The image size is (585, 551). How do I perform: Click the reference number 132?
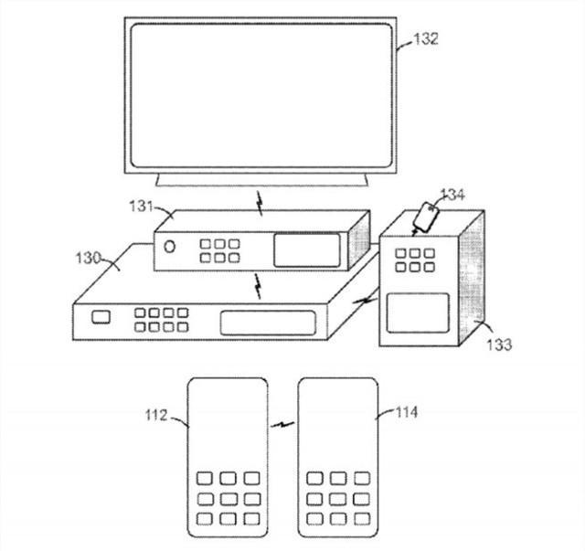425,38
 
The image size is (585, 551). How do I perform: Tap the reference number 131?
141,206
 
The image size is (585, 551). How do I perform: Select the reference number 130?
88,258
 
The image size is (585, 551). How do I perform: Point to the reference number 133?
499,344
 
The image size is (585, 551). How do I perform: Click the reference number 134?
452,195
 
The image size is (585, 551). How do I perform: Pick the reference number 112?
156,415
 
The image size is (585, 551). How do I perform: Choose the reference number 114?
407,412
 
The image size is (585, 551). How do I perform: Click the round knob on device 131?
169,246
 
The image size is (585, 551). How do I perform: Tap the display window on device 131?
307,250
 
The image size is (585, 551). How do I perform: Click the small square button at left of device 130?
101,317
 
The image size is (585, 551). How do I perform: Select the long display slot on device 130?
268,323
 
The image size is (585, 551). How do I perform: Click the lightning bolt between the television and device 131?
260,204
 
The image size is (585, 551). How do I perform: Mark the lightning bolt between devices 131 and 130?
258,286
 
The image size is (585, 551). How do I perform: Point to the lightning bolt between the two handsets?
282,424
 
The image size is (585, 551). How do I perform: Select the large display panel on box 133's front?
418,313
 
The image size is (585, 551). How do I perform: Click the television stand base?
262,179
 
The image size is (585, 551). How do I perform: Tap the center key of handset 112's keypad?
228,499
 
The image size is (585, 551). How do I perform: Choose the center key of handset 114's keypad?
338,499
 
